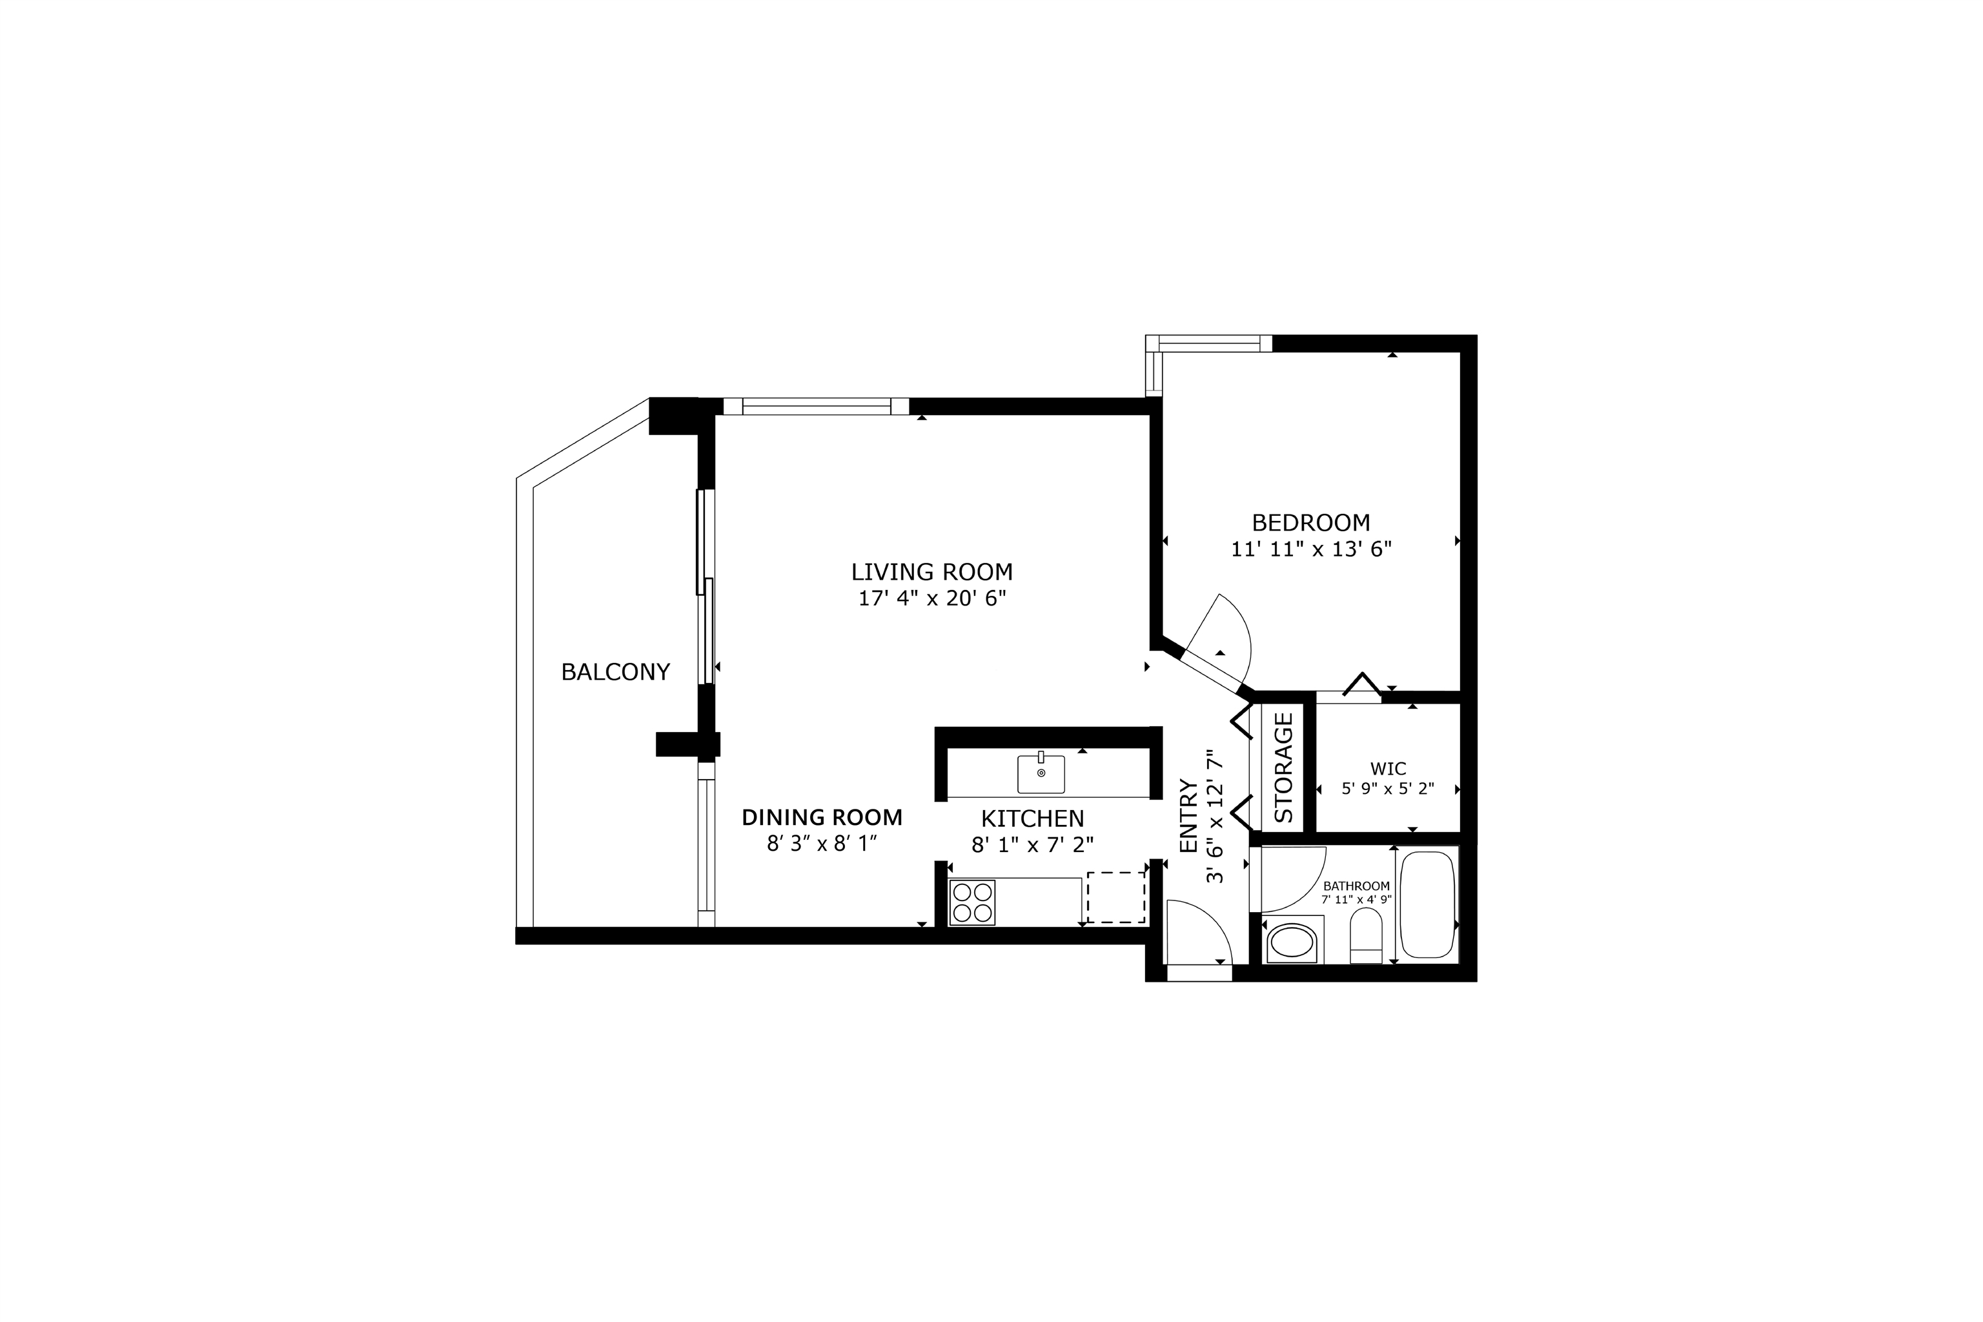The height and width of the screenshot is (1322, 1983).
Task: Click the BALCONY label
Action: click(615, 672)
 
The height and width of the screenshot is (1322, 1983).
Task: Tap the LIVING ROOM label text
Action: click(931, 572)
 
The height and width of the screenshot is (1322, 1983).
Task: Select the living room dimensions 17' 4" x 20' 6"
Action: click(931, 598)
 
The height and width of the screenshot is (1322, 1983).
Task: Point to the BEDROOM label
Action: click(1310, 523)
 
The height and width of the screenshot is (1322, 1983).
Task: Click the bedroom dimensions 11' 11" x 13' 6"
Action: click(1311, 549)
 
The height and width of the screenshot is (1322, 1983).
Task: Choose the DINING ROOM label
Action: click(822, 817)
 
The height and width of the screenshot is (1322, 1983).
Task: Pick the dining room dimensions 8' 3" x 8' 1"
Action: click(822, 844)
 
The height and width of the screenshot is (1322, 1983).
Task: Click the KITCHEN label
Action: click(1032, 819)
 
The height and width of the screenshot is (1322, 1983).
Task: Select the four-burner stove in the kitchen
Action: click(972, 902)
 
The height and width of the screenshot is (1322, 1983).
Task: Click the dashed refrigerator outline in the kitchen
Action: click(1115, 897)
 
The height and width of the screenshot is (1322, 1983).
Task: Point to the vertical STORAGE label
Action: click(1283, 768)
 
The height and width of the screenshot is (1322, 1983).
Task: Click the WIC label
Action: click(1388, 769)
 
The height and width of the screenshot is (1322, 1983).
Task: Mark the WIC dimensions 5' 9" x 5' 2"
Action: click(1388, 790)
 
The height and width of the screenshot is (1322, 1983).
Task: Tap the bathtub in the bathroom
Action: click(1427, 904)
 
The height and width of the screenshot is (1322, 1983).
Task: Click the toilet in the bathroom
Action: click(1366, 936)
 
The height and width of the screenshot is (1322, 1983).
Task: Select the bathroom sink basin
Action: click(1292, 944)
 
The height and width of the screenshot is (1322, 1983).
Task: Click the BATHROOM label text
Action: click(1356, 886)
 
